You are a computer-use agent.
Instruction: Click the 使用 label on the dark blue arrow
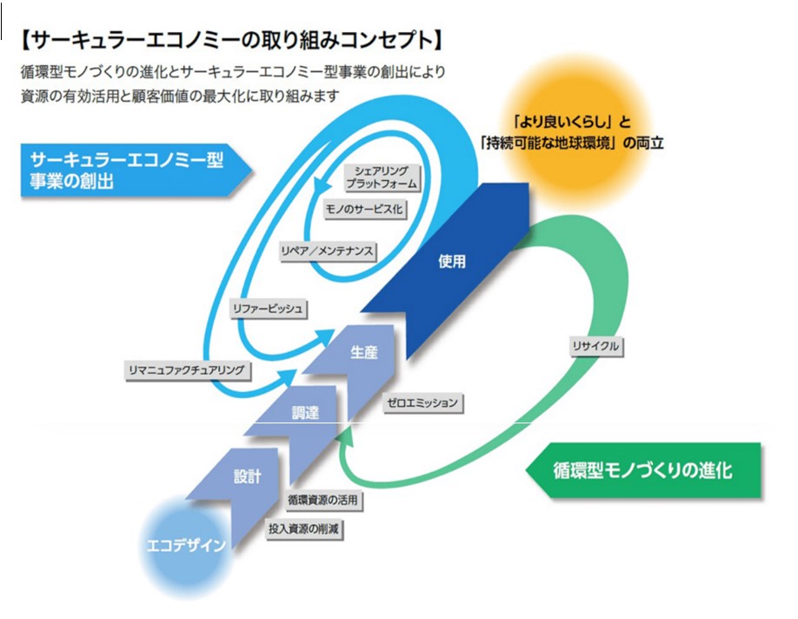pos(452,261)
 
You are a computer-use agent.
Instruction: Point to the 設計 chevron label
pos(247,476)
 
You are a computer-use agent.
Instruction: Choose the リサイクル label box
pos(595,346)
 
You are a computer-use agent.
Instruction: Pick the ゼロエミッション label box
pos(422,403)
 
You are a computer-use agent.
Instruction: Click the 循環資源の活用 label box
pos(322,501)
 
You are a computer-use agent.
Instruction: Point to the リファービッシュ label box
pos(268,308)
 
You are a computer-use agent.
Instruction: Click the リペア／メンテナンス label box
pos(327,250)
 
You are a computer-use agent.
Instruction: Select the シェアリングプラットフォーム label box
pos(381,177)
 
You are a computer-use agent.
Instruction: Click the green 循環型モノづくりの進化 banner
pos(643,471)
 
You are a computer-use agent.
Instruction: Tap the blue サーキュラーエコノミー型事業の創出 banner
pos(130,170)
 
